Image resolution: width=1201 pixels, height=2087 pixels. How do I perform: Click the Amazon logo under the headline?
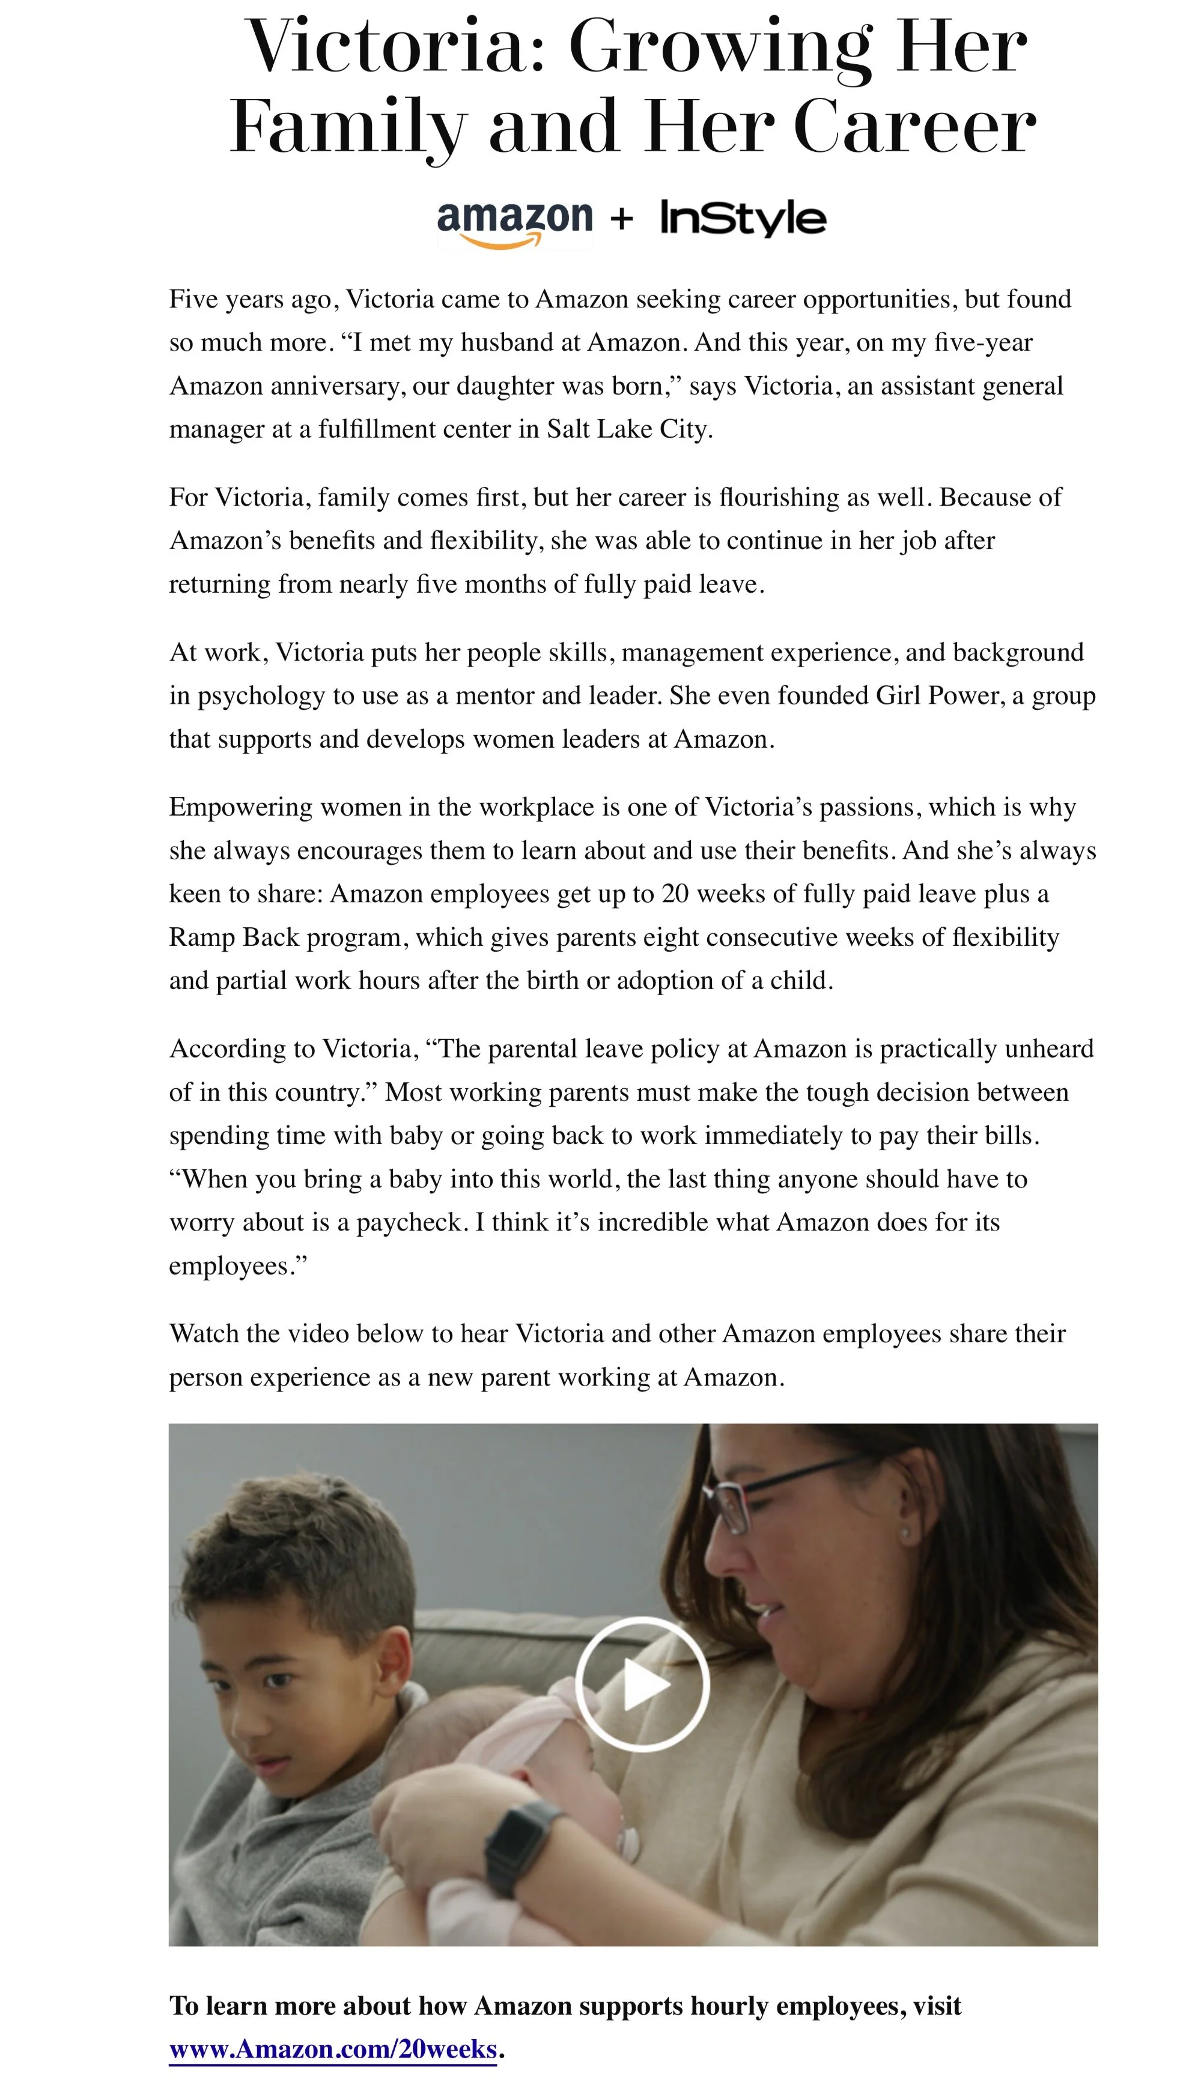(514, 221)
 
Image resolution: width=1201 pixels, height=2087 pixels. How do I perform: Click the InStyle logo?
(743, 219)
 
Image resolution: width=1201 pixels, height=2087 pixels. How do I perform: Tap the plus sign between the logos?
(622, 219)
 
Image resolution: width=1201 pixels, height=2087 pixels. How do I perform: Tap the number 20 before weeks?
(675, 894)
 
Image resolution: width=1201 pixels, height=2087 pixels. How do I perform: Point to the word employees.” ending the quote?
(237, 1266)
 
